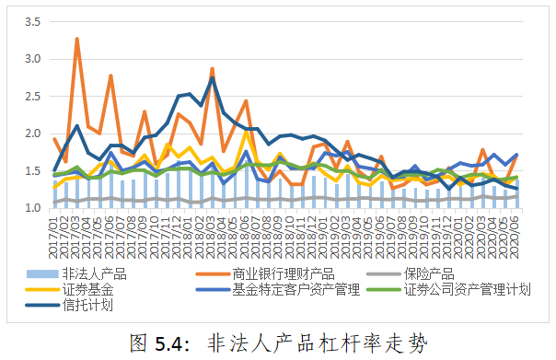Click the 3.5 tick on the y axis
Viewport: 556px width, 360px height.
[32, 22]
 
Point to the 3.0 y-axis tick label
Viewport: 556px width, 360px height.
[32, 59]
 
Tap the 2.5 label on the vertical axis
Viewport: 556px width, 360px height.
[32, 96]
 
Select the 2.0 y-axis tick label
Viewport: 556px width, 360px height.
[32, 134]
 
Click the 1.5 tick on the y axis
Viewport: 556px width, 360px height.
[32, 170]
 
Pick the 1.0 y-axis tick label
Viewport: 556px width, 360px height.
[32, 207]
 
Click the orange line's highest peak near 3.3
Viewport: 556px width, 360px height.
[76, 39]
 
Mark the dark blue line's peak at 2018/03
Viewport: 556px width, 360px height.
[212, 77]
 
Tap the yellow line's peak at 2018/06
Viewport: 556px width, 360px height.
[246, 133]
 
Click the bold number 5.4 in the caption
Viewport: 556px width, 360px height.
[168, 343]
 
